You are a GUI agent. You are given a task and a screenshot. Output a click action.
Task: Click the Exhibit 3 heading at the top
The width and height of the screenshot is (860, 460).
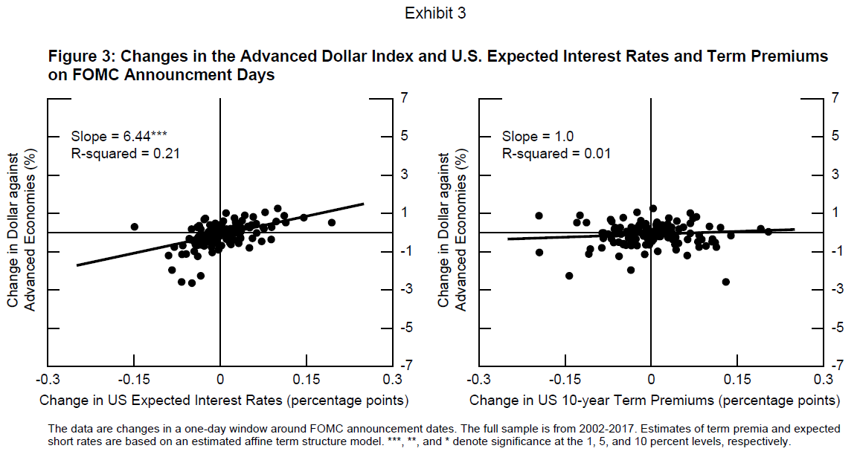[x=435, y=13]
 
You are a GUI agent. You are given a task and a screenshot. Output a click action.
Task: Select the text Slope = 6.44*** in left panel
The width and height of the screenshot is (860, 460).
[x=119, y=136]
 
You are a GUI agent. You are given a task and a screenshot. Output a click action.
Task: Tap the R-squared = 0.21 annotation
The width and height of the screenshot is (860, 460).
[x=126, y=154]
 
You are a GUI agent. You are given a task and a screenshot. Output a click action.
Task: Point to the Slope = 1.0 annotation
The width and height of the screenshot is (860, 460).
[x=537, y=136]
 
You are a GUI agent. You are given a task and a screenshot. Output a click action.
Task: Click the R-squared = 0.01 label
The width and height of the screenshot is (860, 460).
[x=556, y=154]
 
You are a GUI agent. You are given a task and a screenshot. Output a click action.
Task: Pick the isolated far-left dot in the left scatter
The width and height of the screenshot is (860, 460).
[x=135, y=227]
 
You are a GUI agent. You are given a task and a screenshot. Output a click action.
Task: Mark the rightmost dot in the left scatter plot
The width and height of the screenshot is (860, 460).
[x=332, y=222]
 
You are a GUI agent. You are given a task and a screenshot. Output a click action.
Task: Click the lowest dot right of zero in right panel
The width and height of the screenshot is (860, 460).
[x=726, y=282]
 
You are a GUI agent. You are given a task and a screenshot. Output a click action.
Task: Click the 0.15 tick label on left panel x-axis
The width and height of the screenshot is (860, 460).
[x=306, y=380]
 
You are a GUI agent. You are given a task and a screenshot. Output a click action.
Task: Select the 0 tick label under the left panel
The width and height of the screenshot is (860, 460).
[x=220, y=380]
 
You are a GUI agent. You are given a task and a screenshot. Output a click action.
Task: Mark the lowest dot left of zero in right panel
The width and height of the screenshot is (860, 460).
[x=569, y=276]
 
